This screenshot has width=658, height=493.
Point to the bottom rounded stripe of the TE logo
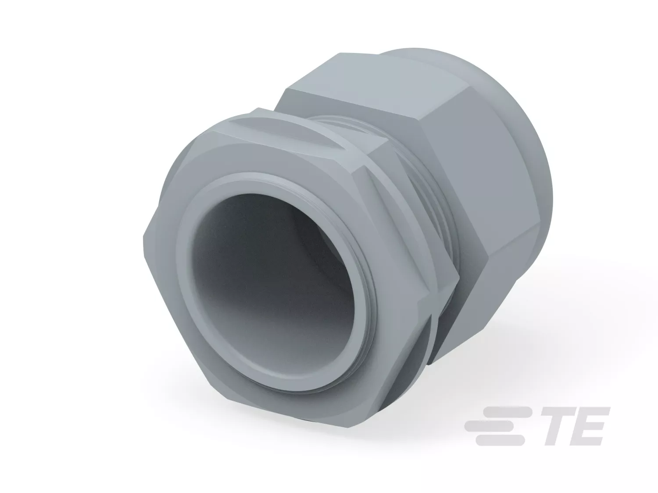500,440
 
